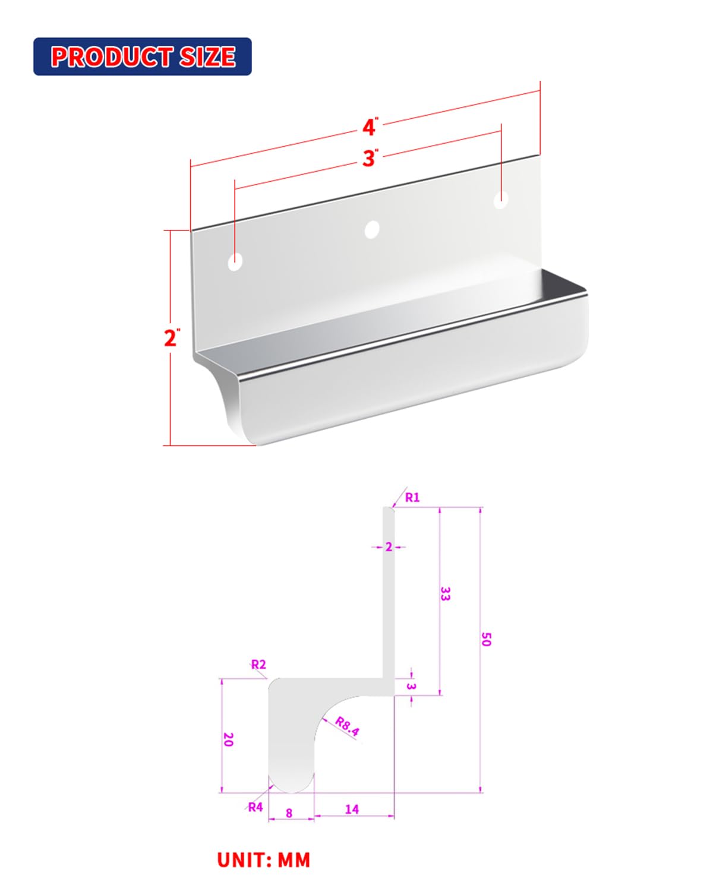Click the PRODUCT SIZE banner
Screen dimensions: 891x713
(143, 56)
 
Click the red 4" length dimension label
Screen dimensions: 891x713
(370, 127)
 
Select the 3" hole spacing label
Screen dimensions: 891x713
(370, 158)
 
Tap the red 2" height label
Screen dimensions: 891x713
(171, 338)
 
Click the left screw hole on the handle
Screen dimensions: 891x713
(236, 261)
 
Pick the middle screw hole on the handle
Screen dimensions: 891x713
(372, 229)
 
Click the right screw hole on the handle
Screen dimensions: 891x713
(501, 200)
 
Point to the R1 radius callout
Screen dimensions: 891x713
(412, 498)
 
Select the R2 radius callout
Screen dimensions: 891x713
(258, 665)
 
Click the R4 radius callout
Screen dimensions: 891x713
(255, 807)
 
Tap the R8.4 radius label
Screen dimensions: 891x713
(347, 726)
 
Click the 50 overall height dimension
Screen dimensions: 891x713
(486, 639)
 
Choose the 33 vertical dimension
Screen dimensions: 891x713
(445, 593)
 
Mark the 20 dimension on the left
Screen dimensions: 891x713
(228, 739)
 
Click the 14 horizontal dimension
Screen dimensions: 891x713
(352, 809)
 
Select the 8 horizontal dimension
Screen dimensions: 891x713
(289, 813)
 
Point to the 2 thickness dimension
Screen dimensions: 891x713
(389, 547)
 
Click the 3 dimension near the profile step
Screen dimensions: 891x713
(411, 687)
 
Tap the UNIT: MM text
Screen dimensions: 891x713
(264, 860)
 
